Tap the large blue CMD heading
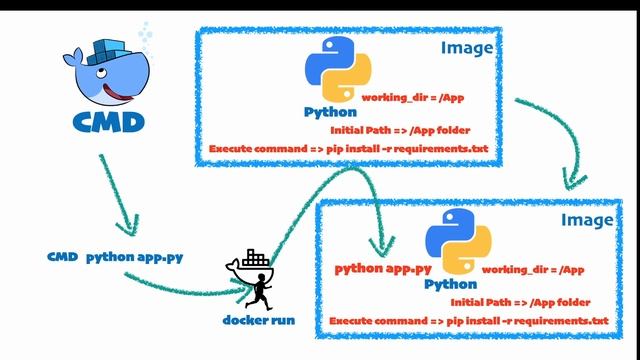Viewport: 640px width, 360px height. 108,122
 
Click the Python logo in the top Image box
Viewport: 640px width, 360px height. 337,70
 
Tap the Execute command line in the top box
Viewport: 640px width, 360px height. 353,148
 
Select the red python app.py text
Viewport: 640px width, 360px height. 383,268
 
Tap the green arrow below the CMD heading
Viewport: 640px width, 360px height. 121,190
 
